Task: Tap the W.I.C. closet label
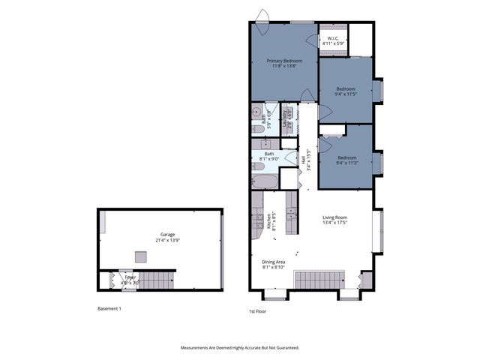(x=333, y=42)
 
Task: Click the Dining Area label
(x=273, y=264)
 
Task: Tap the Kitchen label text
(x=268, y=221)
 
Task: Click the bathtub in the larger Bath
(x=264, y=181)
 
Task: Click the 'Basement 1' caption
(x=109, y=308)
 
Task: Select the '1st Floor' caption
(x=257, y=311)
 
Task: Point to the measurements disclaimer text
(x=240, y=347)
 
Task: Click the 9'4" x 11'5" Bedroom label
(x=346, y=91)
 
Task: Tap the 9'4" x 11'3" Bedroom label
(x=346, y=160)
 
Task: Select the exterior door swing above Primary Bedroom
(x=262, y=16)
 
